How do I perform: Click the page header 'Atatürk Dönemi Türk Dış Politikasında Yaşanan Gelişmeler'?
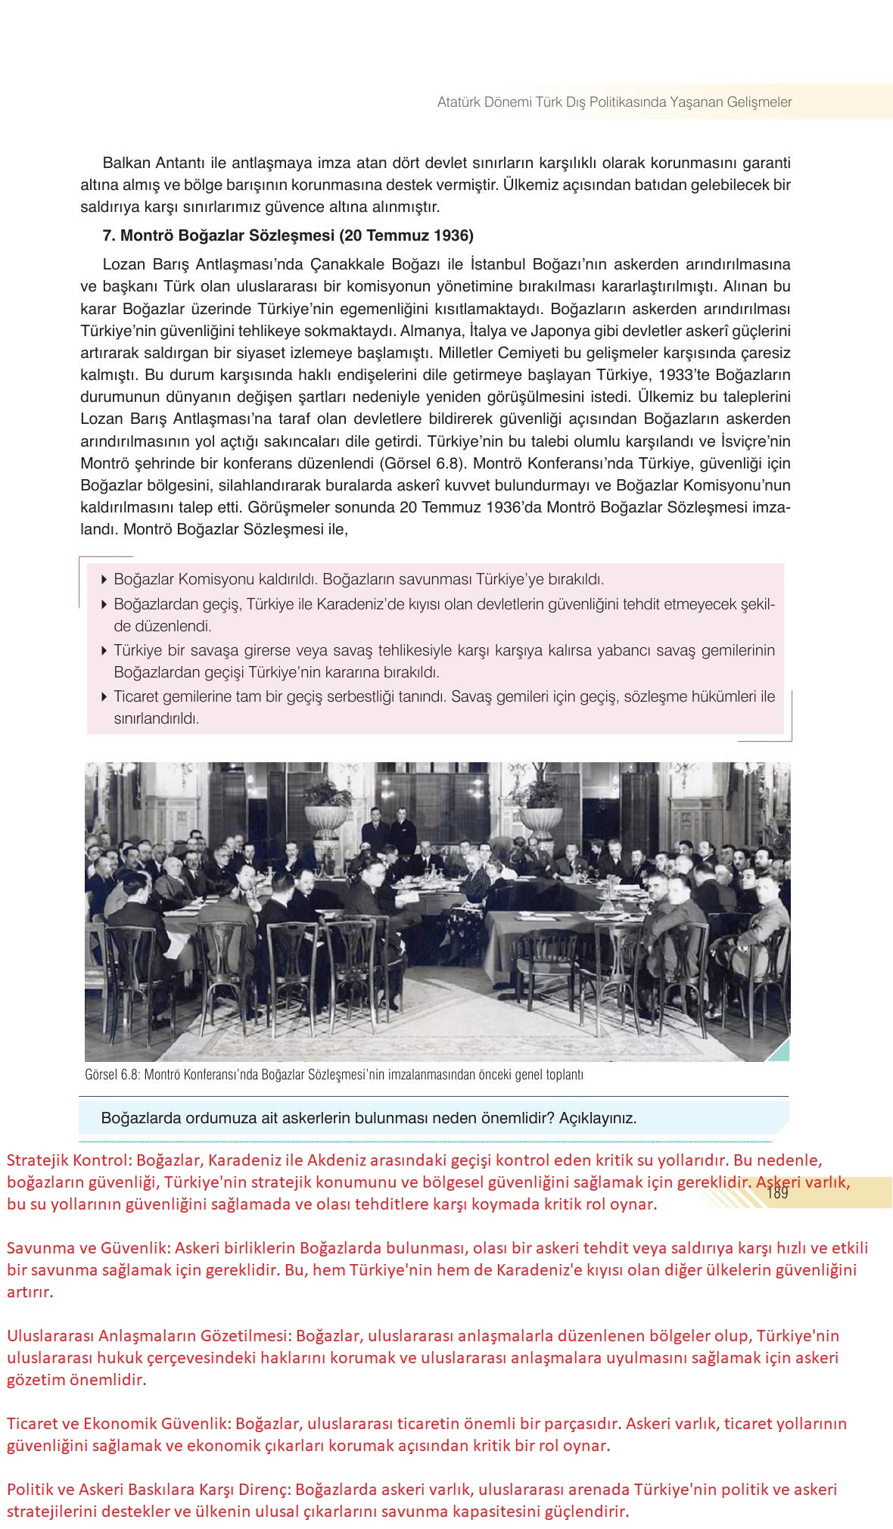pos(615,102)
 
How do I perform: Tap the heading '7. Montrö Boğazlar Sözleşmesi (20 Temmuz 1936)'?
pos(288,235)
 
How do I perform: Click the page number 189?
pos(777,1194)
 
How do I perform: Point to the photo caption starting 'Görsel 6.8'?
pos(334,1075)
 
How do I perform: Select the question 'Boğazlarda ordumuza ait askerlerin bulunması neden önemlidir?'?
pos(369,1118)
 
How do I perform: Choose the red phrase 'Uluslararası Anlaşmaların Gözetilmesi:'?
pos(149,1336)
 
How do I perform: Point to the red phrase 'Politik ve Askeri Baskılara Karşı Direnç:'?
pos(149,1490)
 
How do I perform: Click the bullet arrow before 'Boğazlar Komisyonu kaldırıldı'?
pos(104,580)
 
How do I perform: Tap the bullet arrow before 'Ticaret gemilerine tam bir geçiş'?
pos(104,697)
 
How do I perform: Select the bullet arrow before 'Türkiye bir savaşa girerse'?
pos(104,650)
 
